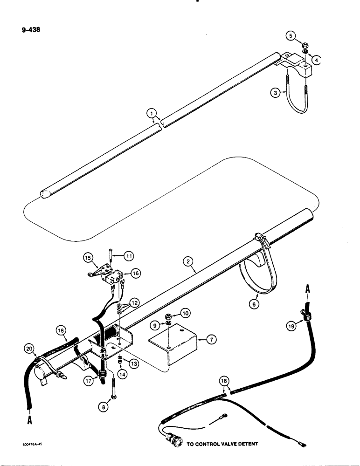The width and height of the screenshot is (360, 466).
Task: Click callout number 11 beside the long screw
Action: (x=129, y=255)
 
